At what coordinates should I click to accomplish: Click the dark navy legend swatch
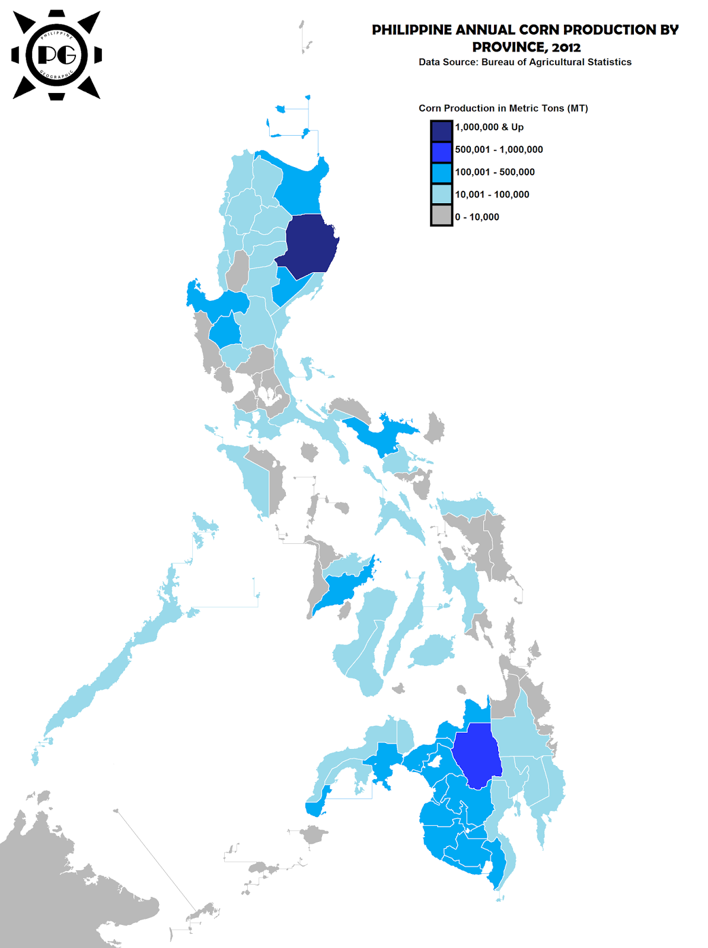[x=441, y=130]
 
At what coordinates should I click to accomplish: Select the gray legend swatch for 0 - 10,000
[x=441, y=215]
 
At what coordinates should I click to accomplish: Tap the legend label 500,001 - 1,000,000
[x=499, y=150]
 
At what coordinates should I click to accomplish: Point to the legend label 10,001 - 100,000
[x=492, y=194]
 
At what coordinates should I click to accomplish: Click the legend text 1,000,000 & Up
[x=489, y=127]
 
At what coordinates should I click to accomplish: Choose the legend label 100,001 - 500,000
[x=495, y=172]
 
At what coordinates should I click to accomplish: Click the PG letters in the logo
[x=57, y=55]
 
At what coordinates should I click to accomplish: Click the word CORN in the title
[x=539, y=30]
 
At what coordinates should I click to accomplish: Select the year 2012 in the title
[x=566, y=47]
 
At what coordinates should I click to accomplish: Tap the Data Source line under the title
[x=525, y=62]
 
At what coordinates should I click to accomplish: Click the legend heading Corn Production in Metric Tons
[x=503, y=108]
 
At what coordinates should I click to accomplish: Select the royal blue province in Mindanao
[x=479, y=755]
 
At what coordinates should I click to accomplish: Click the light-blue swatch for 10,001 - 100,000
[x=441, y=194]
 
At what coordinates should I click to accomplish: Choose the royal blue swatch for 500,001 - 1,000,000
[x=441, y=152]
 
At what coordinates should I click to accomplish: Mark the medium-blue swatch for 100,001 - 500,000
[x=441, y=172]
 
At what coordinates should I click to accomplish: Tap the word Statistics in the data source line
[x=609, y=62]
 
